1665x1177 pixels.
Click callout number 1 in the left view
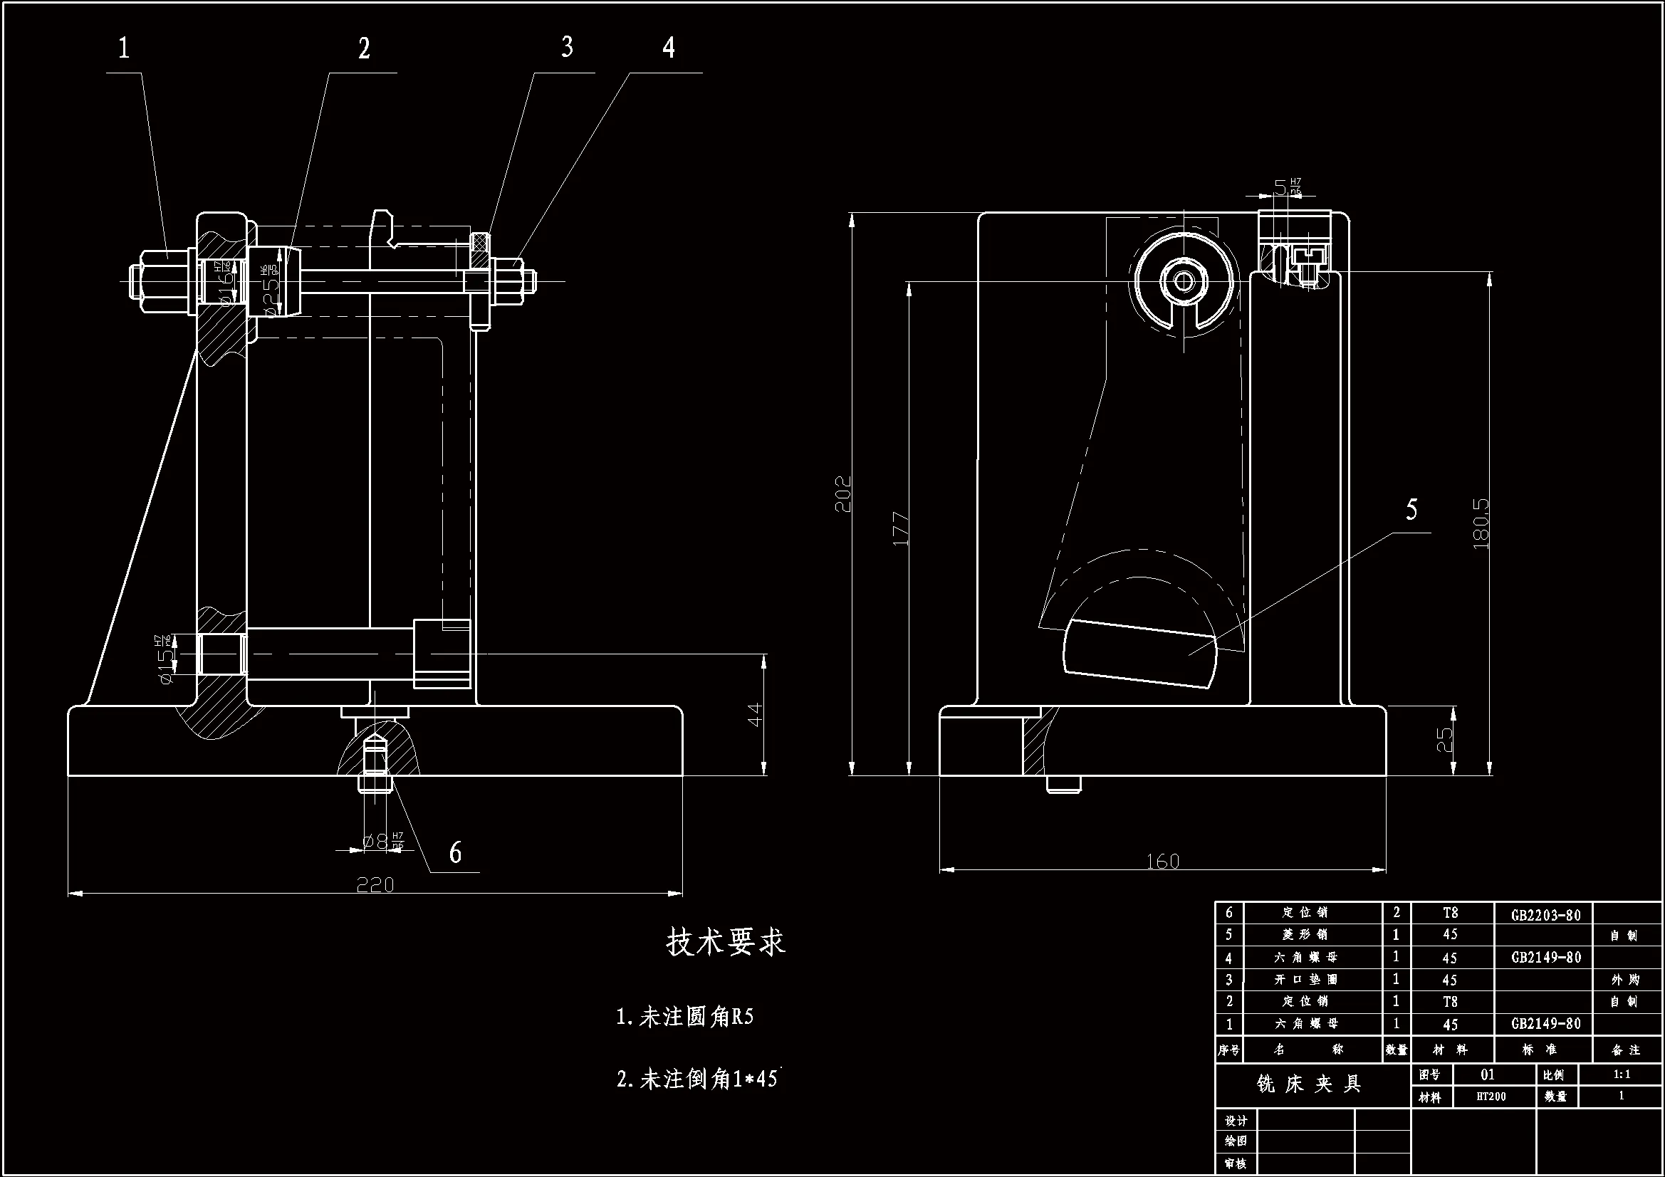coord(125,48)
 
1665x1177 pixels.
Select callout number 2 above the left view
coord(364,48)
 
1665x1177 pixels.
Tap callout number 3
coord(567,47)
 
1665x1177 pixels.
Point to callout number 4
coord(669,47)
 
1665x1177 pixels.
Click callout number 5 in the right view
coord(1411,510)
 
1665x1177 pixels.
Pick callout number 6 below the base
coord(455,853)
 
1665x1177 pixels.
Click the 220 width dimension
coord(375,885)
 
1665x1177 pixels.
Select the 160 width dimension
coord(1162,862)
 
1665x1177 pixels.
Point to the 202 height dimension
coord(843,494)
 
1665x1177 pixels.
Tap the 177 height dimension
coord(900,528)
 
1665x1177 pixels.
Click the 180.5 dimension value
coord(1481,523)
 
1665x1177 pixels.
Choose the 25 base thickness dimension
coord(1444,739)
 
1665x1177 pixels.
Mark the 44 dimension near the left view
coord(755,714)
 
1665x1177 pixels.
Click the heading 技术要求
coord(725,943)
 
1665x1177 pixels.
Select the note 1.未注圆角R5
coord(684,1017)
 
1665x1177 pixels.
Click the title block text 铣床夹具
coord(1309,1084)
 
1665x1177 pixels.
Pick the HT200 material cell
coord(1491,1097)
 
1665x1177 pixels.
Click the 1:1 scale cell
coord(1622,1074)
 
